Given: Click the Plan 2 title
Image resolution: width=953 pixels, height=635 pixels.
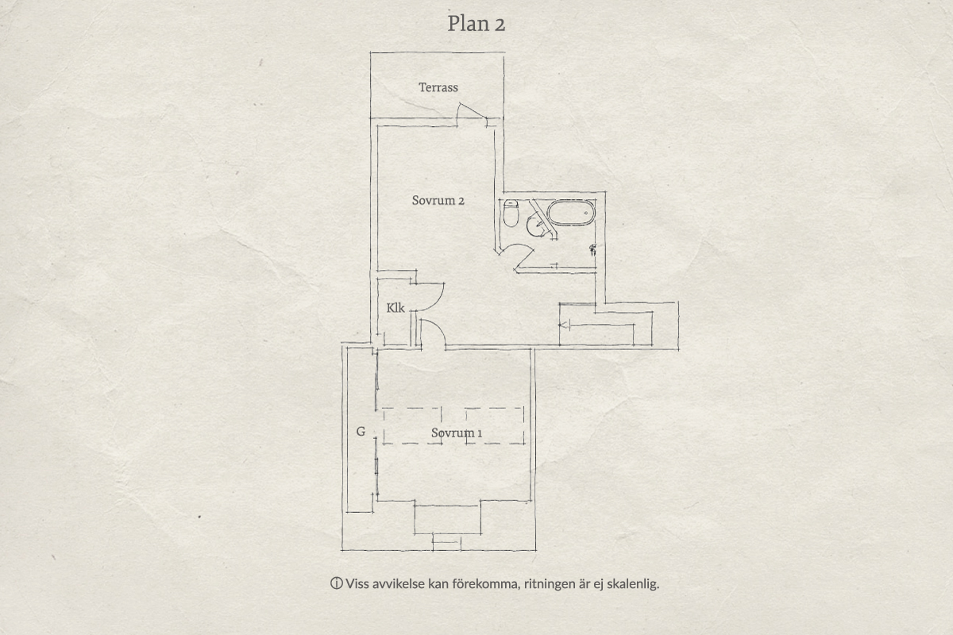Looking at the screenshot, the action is [476, 23].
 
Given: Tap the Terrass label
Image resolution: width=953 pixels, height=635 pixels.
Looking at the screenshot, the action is [438, 87].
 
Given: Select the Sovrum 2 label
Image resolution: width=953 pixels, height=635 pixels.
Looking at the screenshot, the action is [438, 200].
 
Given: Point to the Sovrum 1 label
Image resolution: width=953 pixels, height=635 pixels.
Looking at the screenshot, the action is [457, 433].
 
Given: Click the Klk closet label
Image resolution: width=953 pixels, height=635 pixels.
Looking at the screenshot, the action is [395, 307].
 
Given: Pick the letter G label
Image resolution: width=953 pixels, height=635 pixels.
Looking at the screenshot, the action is [361, 432].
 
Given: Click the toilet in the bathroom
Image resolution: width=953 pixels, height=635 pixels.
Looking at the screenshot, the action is [511, 213].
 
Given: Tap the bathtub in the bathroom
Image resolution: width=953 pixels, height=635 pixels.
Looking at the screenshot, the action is [570, 212].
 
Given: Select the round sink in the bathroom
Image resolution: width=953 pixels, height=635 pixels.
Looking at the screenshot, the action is [535, 226].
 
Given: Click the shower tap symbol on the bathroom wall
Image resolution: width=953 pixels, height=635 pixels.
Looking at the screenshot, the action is [592, 250].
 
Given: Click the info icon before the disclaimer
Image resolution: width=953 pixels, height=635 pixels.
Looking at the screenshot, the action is [336, 583].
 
